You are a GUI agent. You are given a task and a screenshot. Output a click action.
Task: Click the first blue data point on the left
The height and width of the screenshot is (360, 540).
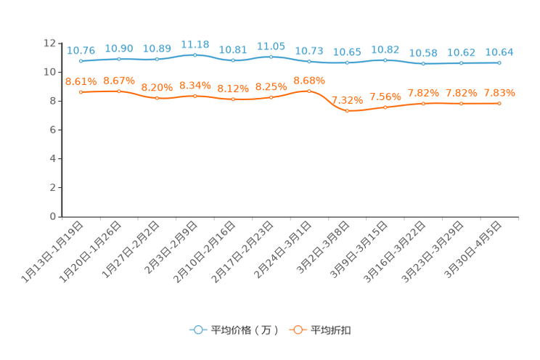click(81, 61)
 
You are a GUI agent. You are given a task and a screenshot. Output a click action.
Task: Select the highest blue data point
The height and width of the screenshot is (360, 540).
click(195, 54)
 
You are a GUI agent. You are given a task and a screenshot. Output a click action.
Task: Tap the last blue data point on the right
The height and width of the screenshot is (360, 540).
click(499, 63)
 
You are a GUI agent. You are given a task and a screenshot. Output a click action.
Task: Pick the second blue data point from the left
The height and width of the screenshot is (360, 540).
click(119, 59)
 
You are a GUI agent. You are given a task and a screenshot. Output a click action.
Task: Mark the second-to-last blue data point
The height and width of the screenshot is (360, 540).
click(462, 63)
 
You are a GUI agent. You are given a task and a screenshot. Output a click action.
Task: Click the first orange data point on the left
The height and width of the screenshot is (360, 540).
click(81, 92)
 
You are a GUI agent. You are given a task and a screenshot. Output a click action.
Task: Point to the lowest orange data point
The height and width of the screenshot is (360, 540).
click(348, 111)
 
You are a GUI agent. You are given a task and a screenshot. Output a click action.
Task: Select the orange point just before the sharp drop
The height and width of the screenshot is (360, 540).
click(309, 91)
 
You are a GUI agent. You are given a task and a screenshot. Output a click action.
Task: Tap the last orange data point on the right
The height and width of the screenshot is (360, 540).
click(499, 104)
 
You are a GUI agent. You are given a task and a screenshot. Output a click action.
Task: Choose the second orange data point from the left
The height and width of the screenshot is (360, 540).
click(119, 91)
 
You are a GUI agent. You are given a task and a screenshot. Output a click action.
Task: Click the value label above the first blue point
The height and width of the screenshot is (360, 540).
click(81, 50)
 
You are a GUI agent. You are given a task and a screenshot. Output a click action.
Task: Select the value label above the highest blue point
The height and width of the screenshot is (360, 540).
click(195, 44)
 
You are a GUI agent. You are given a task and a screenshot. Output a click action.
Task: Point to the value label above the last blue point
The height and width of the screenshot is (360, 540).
click(499, 52)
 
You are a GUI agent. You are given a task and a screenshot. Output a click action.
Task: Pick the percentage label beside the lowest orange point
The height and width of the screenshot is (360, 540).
click(348, 100)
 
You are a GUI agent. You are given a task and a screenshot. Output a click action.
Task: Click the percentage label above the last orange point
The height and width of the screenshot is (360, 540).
click(499, 93)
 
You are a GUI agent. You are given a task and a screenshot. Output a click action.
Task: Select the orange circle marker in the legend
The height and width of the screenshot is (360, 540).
click(298, 330)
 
